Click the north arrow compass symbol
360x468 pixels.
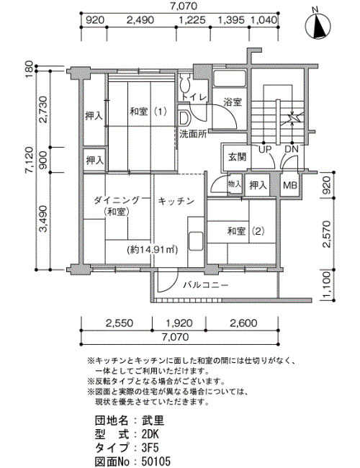click(x=318, y=25)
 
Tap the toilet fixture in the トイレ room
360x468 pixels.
click(x=185, y=83)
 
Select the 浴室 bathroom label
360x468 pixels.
click(x=233, y=102)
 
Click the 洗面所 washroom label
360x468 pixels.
click(x=193, y=134)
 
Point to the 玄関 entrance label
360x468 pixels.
click(x=237, y=157)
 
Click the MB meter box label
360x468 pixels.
click(x=290, y=185)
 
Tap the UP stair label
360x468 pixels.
click(x=264, y=149)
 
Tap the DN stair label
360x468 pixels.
click(x=291, y=149)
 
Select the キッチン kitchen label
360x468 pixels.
click(x=176, y=201)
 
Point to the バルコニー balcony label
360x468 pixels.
click(x=206, y=285)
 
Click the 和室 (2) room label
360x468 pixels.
click(x=246, y=231)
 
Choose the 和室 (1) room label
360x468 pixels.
click(x=148, y=112)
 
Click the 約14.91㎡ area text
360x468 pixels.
click(x=152, y=250)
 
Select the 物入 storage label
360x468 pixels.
click(x=234, y=184)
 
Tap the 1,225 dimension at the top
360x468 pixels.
click(x=192, y=20)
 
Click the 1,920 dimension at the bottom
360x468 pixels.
click(x=179, y=323)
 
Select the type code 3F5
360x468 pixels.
click(x=150, y=448)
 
